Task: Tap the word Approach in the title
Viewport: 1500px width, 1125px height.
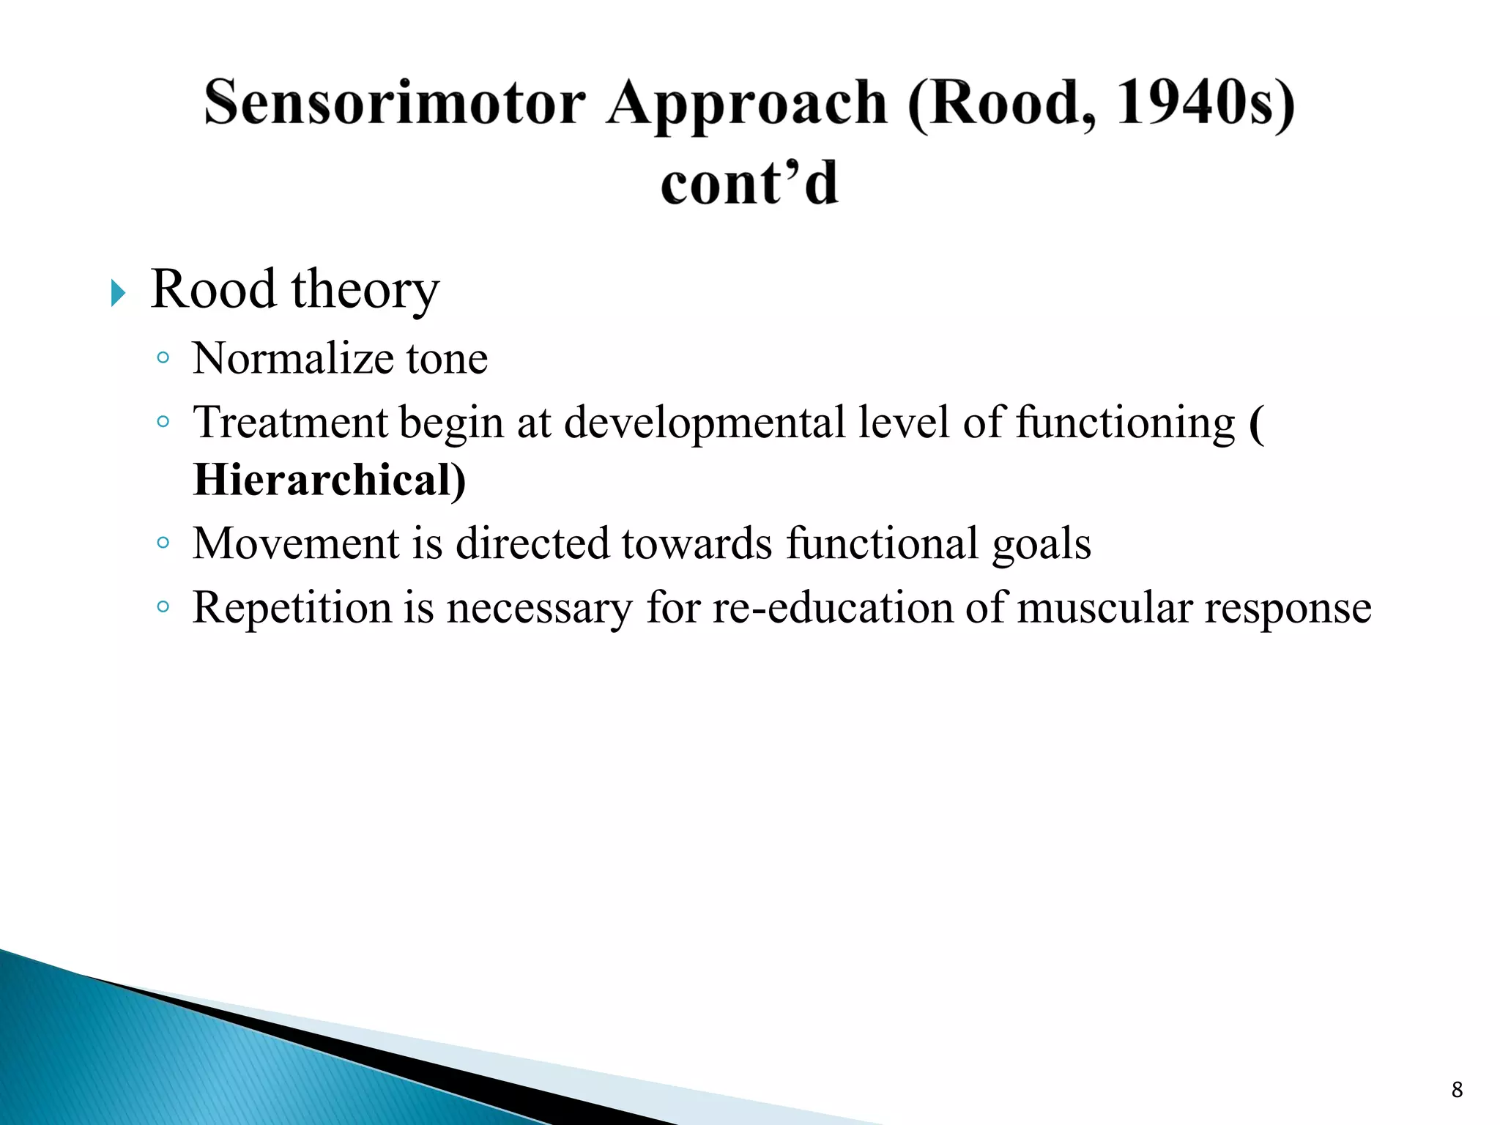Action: [746, 104]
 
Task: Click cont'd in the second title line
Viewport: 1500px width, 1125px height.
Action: [749, 183]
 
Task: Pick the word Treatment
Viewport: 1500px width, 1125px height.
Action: [290, 423]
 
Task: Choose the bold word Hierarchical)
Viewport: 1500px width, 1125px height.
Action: [329, 480]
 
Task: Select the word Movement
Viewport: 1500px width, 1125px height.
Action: [295, 543]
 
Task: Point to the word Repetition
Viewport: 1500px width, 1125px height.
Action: [292, 608]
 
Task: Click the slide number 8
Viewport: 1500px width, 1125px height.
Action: [1457, 1090]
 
